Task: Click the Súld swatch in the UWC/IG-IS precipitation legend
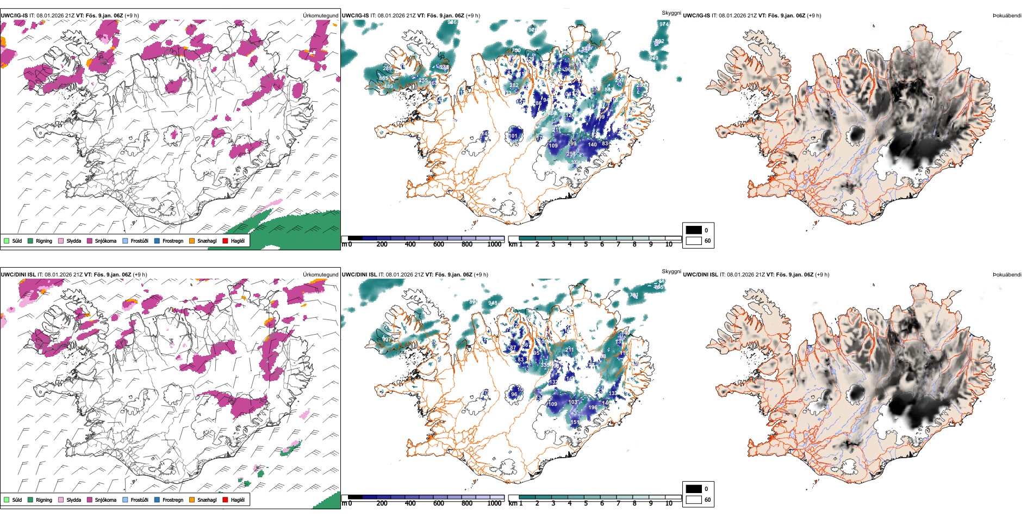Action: coord(7,241)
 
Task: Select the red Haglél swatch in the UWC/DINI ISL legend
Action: coord(226,500)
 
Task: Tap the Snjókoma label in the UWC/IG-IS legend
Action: coord(105,241)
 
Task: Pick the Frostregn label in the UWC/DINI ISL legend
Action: coord(173,500)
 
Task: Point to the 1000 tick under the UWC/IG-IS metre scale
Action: coord(494,244)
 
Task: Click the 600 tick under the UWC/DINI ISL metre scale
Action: coord(439,503)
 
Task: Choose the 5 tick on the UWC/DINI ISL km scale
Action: coord(586,503)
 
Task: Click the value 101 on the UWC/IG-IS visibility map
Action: coord(513,136)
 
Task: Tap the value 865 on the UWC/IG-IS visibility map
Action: coord(384,78)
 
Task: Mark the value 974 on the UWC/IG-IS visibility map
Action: coord(664,24)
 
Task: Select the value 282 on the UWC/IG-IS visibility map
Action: coord(514,85)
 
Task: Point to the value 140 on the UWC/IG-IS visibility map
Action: coord(592,144)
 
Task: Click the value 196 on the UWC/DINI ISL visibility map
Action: coord(593,407)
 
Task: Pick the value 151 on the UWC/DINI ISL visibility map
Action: coord(575,422)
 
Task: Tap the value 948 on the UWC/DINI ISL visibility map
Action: coord(493,303)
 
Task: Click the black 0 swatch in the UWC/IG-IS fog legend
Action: coord(694,230)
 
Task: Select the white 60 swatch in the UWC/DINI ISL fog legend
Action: coord(694,500)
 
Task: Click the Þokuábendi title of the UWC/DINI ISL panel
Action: coord(1007,275)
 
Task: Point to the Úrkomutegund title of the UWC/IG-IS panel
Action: coord(320,16)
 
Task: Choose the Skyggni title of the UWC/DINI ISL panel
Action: coord(671,272)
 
